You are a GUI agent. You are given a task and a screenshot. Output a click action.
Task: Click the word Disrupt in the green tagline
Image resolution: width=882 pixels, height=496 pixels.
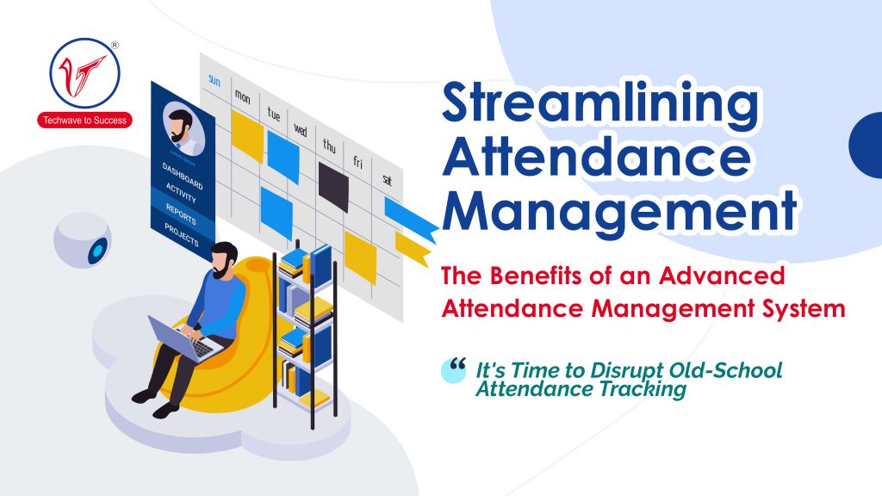633,371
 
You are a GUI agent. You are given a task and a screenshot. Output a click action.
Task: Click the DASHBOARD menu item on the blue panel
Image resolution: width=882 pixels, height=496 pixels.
181,177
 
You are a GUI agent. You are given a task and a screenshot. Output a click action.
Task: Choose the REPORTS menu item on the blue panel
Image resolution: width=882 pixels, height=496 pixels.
180,216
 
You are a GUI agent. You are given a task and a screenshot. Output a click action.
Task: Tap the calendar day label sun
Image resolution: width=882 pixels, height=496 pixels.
214,81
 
